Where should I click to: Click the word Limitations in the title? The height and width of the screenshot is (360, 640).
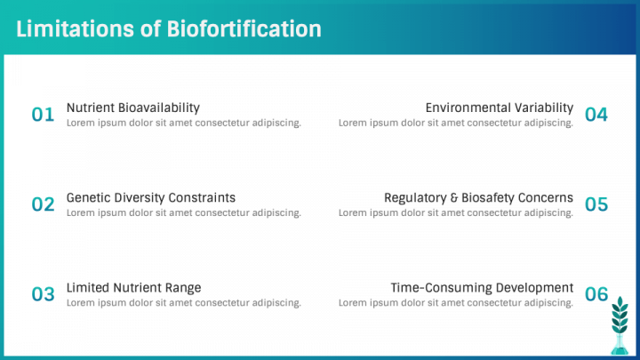(x=75, y=29)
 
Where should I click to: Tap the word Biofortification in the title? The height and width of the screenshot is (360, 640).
(x=244, y=29)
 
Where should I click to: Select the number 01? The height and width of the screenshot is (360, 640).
(x=43, y=115)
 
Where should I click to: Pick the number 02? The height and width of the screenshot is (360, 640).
(x=43, y=204)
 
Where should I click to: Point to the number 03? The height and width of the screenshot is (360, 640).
(x=43, y=294)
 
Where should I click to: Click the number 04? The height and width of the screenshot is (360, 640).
(x=596, y=115)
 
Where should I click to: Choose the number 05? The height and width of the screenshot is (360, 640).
(x=596, y=204)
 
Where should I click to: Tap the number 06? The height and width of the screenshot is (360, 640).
(x=596, y=294)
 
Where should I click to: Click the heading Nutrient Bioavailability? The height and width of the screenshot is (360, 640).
(x=133, y=108)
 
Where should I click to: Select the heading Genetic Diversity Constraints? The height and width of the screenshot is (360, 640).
(x=151, y=198)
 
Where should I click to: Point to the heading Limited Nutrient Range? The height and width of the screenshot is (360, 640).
(x=134, y=288)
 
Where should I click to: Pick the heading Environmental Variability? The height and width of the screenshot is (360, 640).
(x=500, y=108)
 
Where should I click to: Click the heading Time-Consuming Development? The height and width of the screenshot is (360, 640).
(x=482, y=288)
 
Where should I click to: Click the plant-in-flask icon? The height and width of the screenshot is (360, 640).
(x=620, y=325)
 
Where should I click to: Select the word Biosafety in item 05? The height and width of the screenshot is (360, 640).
(x=487, y=198)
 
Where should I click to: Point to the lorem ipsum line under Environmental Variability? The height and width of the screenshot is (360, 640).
(x=456, y=123)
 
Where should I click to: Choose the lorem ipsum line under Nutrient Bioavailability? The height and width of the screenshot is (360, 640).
(x=184, y=123)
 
